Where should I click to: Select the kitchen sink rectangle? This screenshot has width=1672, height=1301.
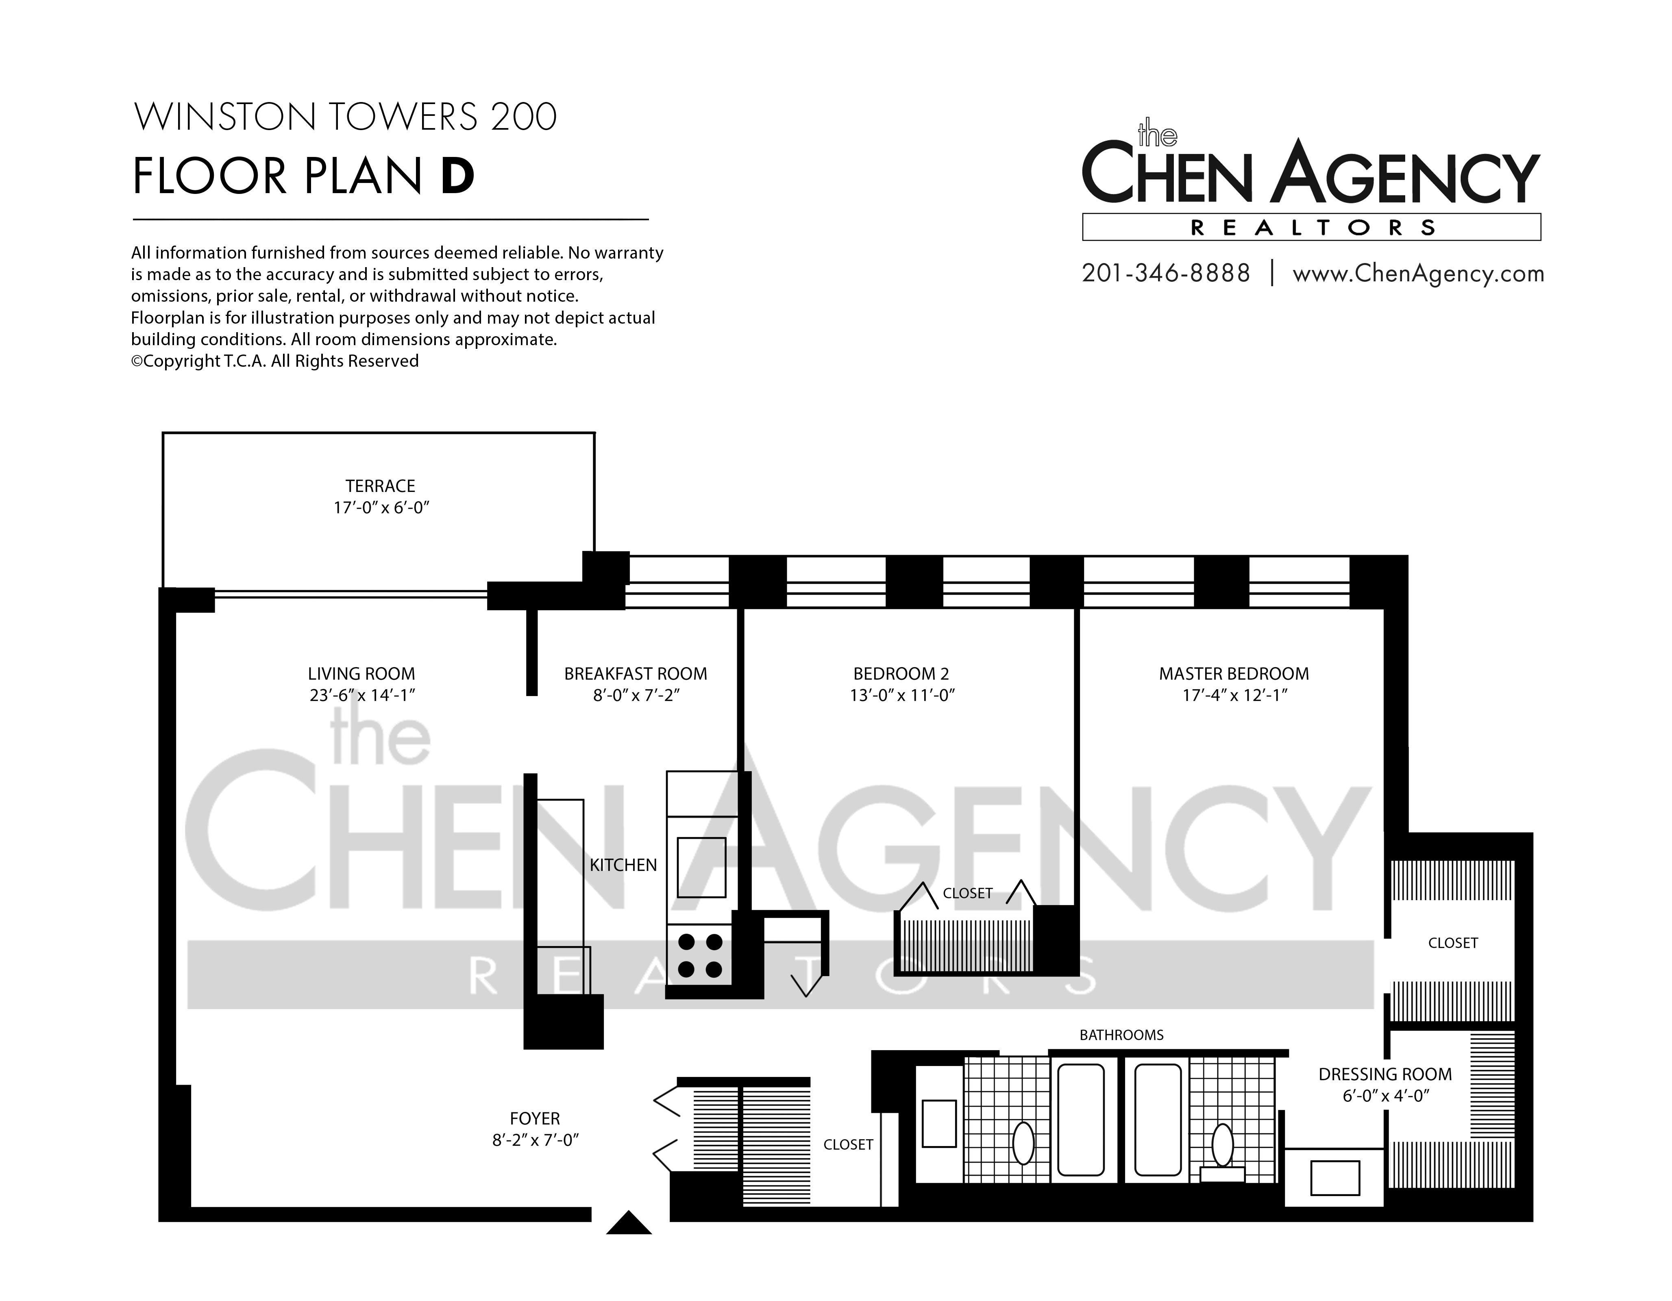(701, 867)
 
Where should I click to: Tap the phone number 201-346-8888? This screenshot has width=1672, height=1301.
(1166, 273)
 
